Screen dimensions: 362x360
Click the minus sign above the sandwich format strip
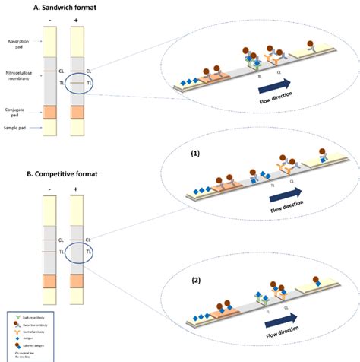tap(50, 20)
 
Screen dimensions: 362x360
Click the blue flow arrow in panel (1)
tap(283, 194)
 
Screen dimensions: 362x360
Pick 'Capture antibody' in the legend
tap(30, 314)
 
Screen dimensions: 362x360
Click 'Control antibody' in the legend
tap(30, 329)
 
